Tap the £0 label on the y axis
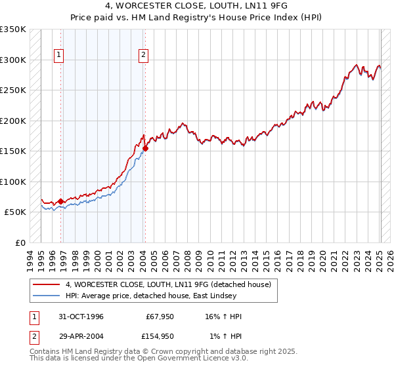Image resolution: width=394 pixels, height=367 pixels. pos(20,242)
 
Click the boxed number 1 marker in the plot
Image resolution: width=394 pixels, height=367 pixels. pos(59,56)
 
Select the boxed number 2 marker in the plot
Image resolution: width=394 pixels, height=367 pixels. pos(143,56)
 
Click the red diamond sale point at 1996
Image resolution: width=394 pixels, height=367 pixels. pos(61,201)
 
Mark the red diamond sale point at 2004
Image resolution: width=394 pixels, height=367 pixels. pos(145,148)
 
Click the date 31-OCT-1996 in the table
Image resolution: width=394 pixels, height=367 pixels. pos(81,317)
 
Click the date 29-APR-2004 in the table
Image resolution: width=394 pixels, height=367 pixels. pos(81,336)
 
